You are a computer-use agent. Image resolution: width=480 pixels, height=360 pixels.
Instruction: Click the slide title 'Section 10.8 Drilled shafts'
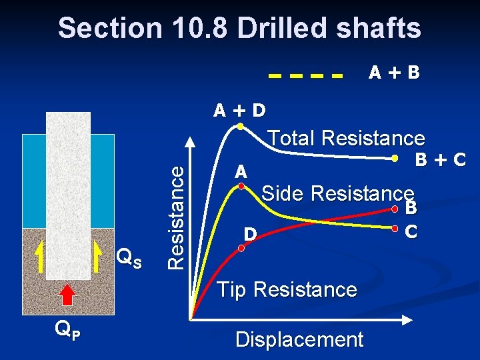(x=239, y=29)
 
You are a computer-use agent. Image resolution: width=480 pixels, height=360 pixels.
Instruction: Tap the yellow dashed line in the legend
(x=306, y=75)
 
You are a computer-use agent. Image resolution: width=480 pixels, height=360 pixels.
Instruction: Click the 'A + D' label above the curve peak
(x=239, y=110)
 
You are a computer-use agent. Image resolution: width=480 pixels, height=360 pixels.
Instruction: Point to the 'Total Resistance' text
(x=345, y=138)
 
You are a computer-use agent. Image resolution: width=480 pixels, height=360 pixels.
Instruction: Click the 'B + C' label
(x=439, y=160)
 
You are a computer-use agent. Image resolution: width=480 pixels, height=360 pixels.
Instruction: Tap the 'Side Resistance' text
(x=338, y=193)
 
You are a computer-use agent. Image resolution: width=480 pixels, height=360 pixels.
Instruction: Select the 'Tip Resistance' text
(x=287, y=289)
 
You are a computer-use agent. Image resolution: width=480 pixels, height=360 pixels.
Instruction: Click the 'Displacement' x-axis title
(x=299, y=339)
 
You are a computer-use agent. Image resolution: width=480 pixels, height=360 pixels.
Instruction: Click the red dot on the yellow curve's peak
(x=243, y=188)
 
